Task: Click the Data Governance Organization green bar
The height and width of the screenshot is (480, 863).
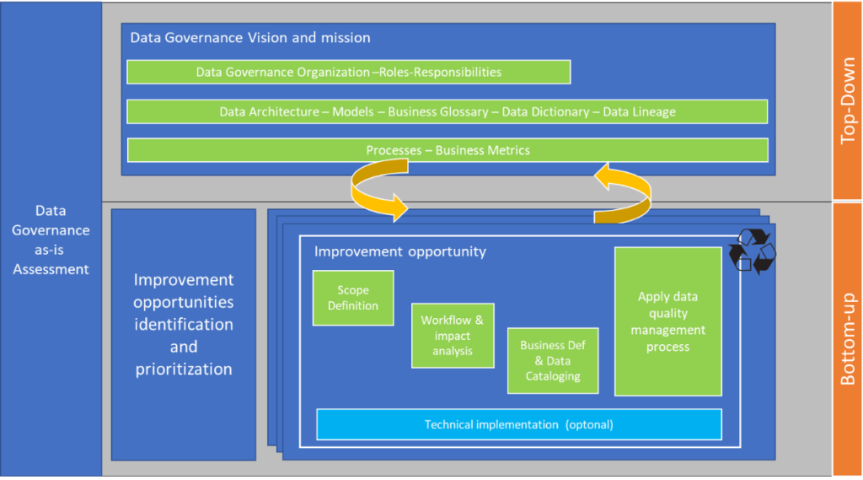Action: (x=348, y=72)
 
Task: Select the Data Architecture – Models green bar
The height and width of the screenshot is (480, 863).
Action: (x=447, y=111)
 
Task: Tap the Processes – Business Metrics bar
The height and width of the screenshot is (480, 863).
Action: (x=447, y=150)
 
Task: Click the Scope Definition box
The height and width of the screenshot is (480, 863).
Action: (x=352, y=298)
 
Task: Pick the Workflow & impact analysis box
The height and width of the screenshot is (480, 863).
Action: (x=453, y=335)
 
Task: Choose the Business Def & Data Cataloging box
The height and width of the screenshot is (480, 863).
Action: (x=552, y=360)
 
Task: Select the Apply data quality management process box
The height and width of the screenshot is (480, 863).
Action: (x=667, y=321)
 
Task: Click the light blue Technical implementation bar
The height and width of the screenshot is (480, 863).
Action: (x=518, y=424)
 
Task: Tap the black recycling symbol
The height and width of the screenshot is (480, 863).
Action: (x=752, y=251)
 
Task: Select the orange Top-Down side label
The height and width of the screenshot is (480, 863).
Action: (x=848, y=100)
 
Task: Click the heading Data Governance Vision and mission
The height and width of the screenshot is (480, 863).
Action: (x=249, y=38)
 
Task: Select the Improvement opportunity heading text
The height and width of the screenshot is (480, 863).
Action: (x=399, y=251)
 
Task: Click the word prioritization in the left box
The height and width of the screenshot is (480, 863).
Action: (x=183, y=369)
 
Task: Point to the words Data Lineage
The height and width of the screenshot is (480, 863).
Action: (x=639, y=111)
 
